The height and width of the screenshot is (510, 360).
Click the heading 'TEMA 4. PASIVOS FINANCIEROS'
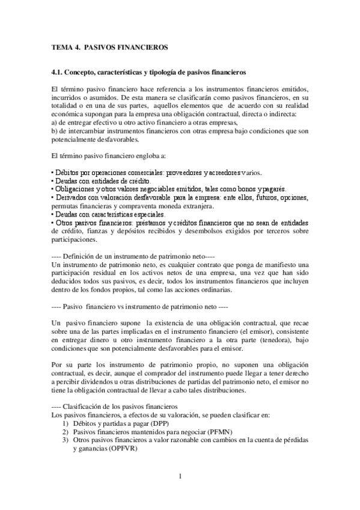(109, 46)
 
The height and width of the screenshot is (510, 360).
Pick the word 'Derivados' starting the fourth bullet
(71, 197)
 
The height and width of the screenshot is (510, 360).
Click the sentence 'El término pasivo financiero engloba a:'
(112, 155)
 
